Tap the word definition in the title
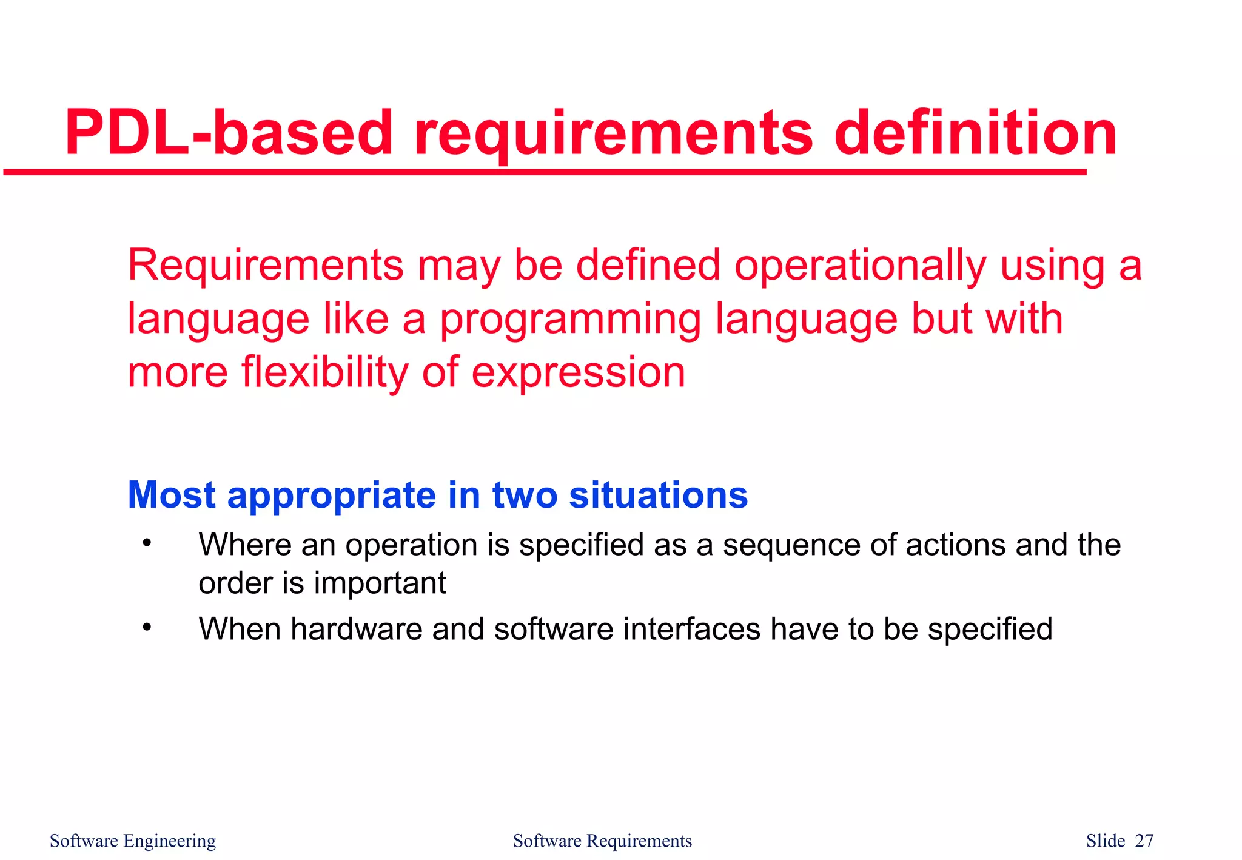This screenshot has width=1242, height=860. tap(975, 133)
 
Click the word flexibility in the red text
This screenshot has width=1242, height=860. tap(325, 372)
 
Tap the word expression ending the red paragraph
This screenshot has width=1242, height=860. tap(578, 374)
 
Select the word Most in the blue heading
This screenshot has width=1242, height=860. tap(172, 495)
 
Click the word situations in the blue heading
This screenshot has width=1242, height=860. tap(658, 495)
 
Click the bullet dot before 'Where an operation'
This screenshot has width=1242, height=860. tap(146, 542)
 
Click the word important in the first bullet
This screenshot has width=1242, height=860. tap(380, 583)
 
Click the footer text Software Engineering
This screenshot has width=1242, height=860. tap(133, 841)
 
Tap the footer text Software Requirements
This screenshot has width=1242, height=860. tap(602, 841)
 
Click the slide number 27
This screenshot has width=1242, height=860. tap(1144, 841)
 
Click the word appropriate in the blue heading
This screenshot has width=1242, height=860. tap(331, 496)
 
